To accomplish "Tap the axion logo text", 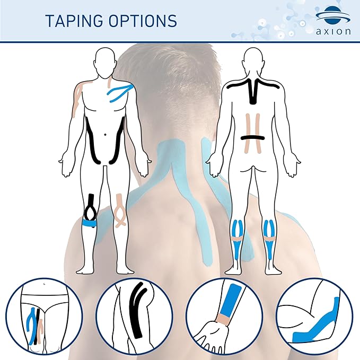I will coord(333,30).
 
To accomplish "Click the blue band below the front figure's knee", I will coord(91,224).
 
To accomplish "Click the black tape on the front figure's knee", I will coord(91,207).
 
